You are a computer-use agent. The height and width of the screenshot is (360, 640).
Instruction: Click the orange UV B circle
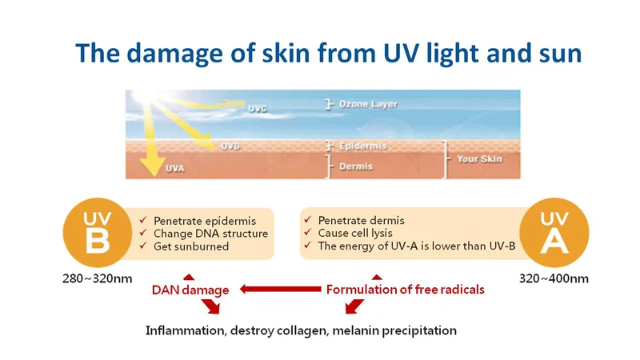[x=98, y=233]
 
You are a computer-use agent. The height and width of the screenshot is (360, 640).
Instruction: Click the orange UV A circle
[x=554, y=233]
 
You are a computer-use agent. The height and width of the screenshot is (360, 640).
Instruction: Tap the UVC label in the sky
[x=257, y=109]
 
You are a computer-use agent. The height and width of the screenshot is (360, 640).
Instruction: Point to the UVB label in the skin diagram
[x=230, y=146]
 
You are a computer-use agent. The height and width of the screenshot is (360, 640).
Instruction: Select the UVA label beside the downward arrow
[x=175, y=168]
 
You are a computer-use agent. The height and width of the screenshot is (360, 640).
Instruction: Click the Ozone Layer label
[x=368, y=104]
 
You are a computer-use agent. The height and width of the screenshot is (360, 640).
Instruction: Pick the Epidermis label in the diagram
[x=363, y=146]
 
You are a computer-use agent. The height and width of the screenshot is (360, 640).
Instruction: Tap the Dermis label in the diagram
[x=356, y=166]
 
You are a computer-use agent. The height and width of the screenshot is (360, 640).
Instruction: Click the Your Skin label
[x=479, y=158]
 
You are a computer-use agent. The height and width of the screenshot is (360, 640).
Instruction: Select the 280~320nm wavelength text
[x=97, y=278]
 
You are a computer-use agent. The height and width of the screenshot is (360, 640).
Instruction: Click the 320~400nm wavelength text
[x=554, y=278]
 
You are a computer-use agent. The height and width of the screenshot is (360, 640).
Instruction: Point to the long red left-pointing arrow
[x=281, y=289]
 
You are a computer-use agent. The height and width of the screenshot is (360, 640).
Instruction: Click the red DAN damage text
[x=190, y=290]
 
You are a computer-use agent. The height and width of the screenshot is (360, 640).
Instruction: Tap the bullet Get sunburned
[x=191, y=246]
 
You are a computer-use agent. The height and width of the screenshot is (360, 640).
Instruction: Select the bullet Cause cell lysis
[x=355, y=233]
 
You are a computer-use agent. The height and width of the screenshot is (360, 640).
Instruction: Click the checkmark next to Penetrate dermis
[x=308, y=219]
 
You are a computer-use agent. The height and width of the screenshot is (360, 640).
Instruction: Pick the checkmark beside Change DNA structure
[x=143, y=233]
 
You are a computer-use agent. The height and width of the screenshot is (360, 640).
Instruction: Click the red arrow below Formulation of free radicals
[x=354, y=306]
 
